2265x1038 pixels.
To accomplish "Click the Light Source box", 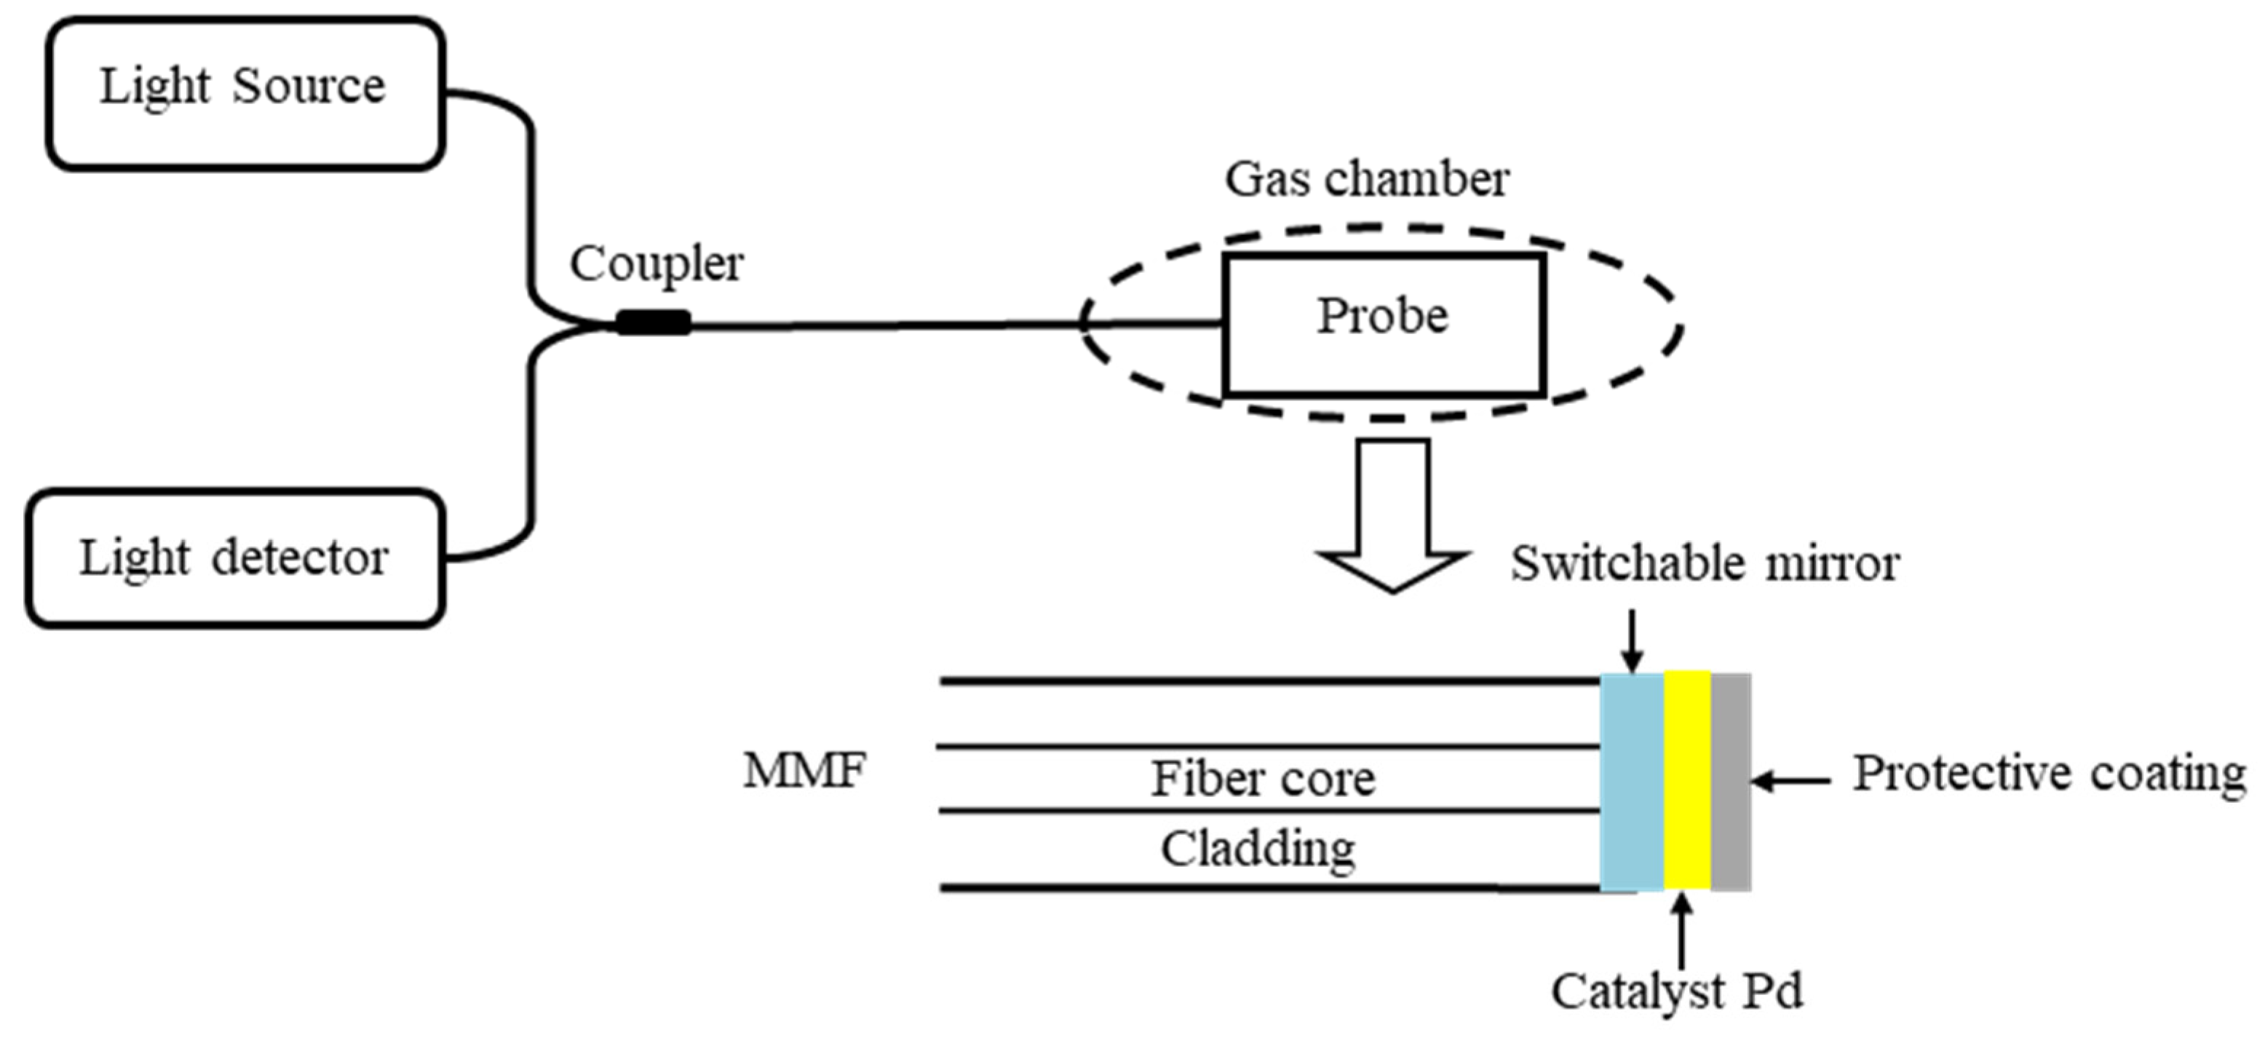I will coord(245,93).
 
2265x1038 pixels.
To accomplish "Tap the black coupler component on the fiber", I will coord(652,323).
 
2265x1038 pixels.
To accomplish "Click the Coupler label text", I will coord(656,264).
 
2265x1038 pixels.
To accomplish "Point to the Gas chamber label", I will coord(1366,180).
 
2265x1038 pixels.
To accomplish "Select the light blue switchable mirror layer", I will coord(1631,783).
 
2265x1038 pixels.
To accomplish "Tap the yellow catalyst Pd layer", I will coord(1686,783).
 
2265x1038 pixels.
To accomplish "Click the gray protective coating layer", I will coord(1730,783).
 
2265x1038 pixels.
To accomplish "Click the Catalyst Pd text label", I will coord(1676,992).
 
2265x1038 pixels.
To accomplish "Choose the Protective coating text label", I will coord(2049,774).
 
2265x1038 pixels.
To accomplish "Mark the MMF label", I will coord(804,771).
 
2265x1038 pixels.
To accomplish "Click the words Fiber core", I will coord(1263,780).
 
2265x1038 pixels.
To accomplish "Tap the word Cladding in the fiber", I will coord(1258,849).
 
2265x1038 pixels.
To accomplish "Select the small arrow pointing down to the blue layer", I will coord(1632,642).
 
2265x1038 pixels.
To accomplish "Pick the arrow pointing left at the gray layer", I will coord(1790,780).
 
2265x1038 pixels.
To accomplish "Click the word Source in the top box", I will coord(309,86).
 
